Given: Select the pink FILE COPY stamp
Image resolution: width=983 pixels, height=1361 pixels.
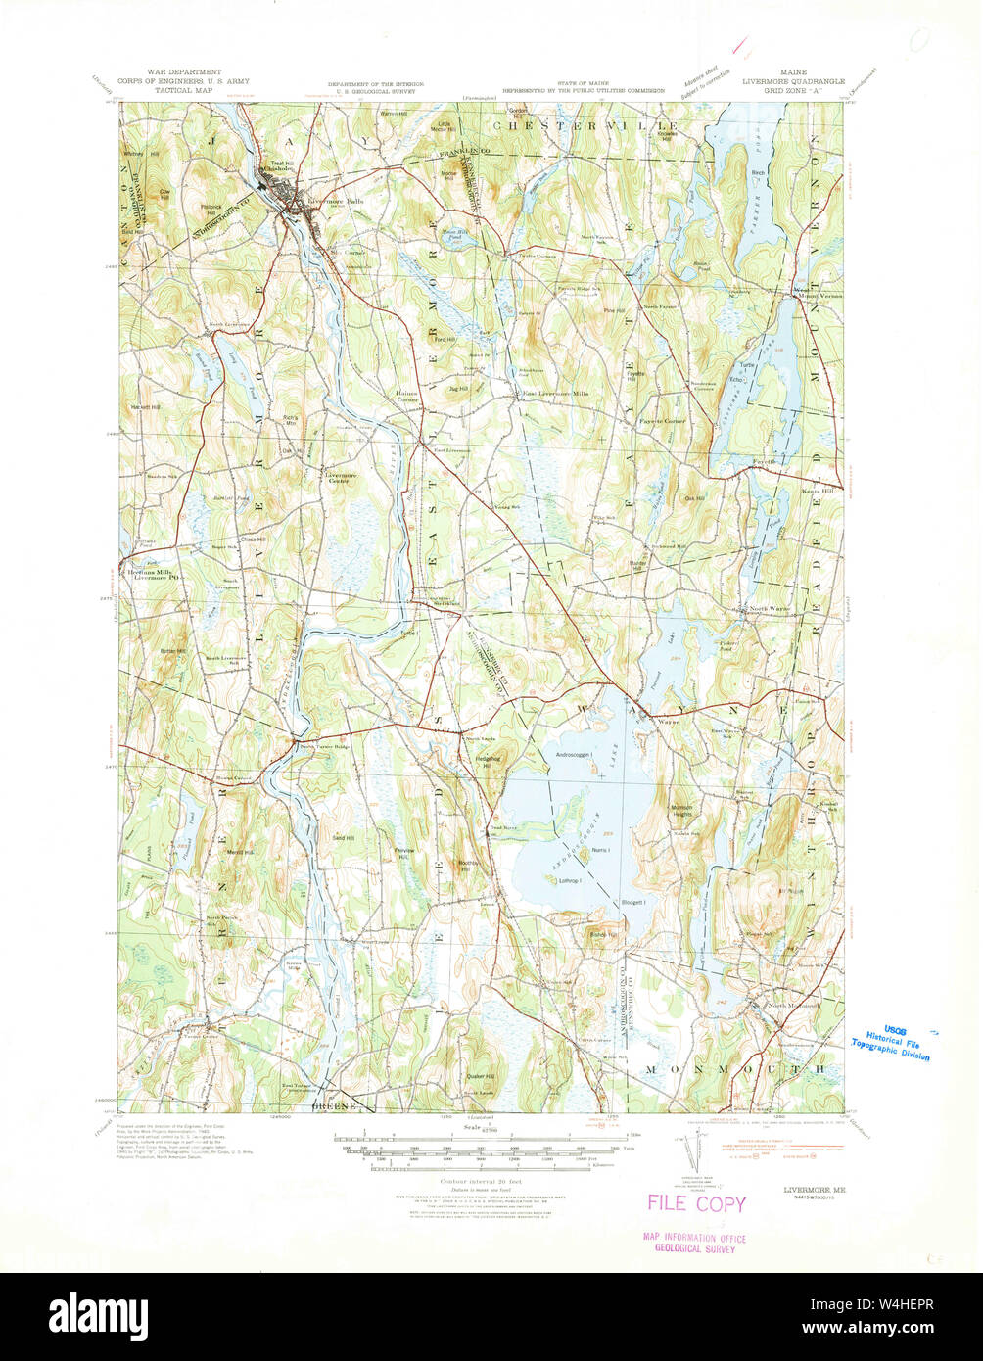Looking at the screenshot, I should (696, 1203).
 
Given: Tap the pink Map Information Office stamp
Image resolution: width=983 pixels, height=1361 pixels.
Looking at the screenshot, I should (694, 1244).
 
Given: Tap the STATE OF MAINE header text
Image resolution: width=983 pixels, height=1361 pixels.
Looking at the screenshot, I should (584, 84).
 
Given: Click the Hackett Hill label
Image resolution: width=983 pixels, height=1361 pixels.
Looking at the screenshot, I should (143, 406).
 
